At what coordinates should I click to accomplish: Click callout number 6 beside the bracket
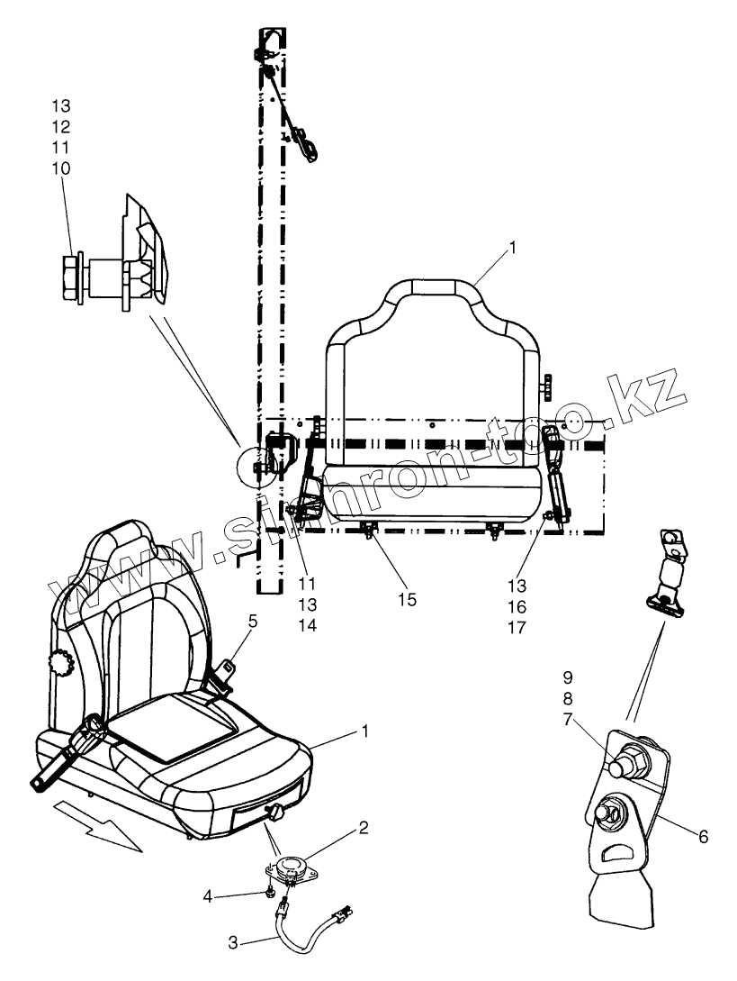(x=703, y=838)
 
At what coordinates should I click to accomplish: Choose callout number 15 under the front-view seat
(x=408, y=600)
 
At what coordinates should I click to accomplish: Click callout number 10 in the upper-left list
(x=61, y=168)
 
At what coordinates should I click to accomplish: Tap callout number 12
(x=61, y=125)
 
